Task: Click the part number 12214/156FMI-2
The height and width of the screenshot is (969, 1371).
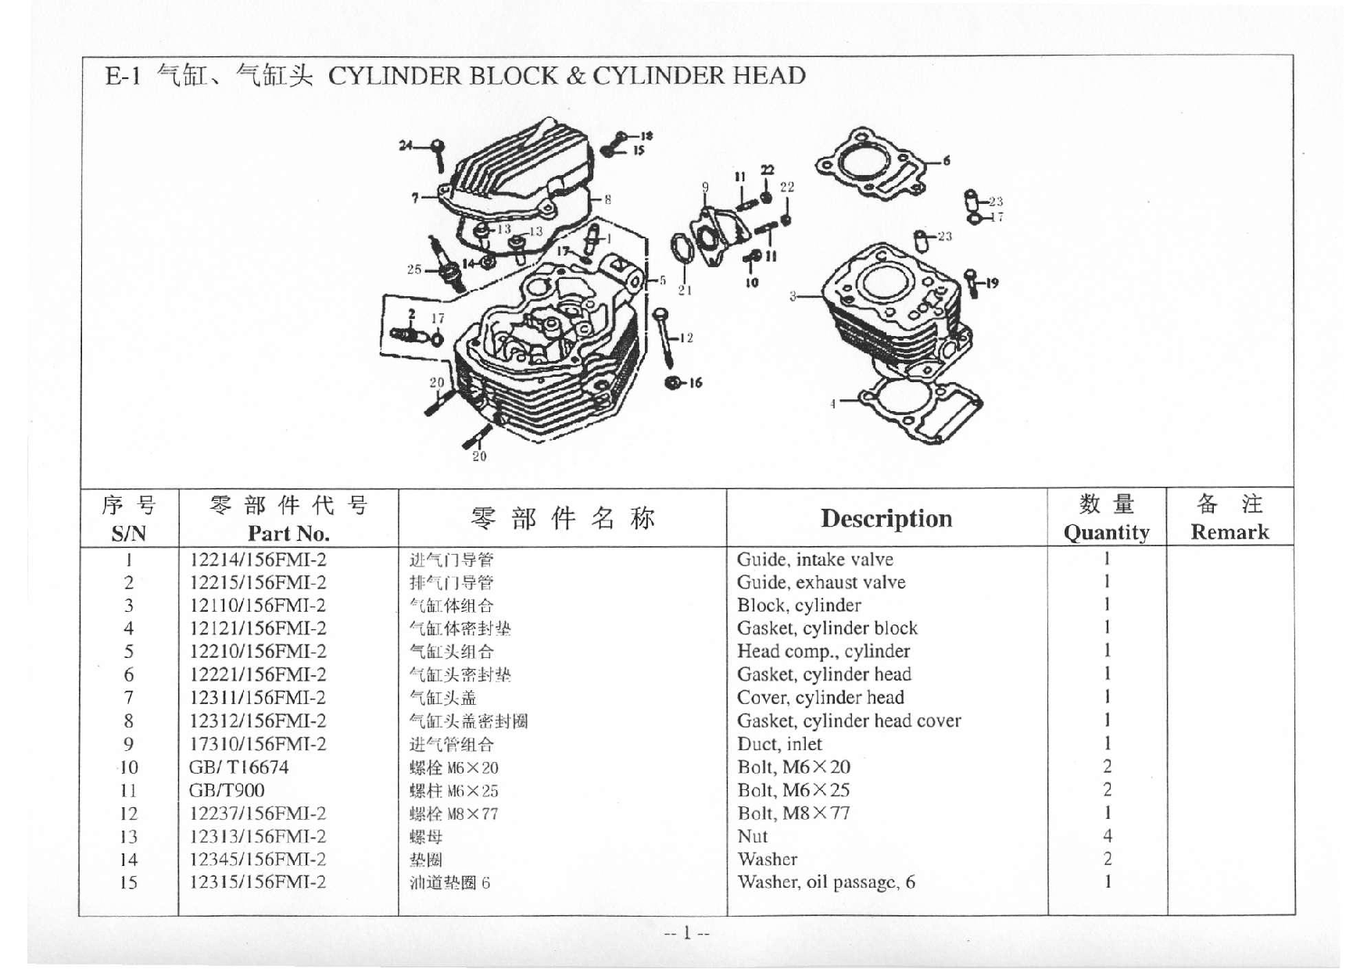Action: pyautogui.click(x=258, y=560)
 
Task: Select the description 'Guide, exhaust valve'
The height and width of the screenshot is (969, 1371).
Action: pyautogui.click(x=821, y=582)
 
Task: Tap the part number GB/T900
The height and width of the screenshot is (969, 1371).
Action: pyautogui.click(x=227, y=790)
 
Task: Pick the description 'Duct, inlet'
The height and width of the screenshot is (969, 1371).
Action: pyautogui.click(x=779, y=744)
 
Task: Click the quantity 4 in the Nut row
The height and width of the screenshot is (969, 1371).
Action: pyautogui.click(x=1107, y=836)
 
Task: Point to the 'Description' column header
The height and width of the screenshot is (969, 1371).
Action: pyautogui.click(x=886, y=518)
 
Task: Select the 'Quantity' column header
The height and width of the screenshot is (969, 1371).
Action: pyautogui.click(x=1106, y=532)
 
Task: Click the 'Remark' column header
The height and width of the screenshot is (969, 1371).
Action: pyautogui.click(x=1230, y=532)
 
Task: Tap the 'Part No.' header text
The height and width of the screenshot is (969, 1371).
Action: pyautogui.click(x=288, y=534)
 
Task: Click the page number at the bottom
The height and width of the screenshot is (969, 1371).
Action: pyautogui.click(x=686, y=933)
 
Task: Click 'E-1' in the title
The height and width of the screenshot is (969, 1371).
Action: pyautogui.click(x=123, y=77)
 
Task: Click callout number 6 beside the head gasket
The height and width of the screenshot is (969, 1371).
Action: pyautogui.click(x=947, y=161)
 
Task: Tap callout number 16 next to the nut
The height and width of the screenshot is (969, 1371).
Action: pyautogui.click(x=695, y=383)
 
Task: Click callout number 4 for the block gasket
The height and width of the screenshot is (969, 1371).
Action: pyautogui.click(x=833, y=403)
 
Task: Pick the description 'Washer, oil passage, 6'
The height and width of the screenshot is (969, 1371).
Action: pyautogui.click(x=826, y=882)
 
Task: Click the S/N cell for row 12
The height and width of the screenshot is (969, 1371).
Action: pyautogui.click(x=128, y=813)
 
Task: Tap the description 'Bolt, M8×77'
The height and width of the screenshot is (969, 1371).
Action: pyautogui.click(x=793, y=813)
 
